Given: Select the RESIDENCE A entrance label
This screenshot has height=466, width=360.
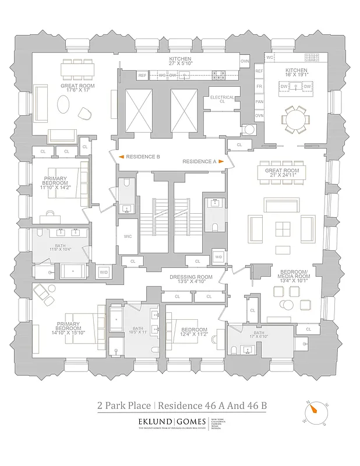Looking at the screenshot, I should (199, 161).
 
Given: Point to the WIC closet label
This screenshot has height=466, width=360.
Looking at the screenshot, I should (128, 236).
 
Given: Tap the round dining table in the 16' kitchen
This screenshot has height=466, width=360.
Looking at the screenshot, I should (297, 120).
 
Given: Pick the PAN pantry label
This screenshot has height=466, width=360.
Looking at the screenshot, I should (259, 101).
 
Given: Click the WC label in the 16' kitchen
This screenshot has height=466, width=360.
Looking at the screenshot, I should (270, 58).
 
